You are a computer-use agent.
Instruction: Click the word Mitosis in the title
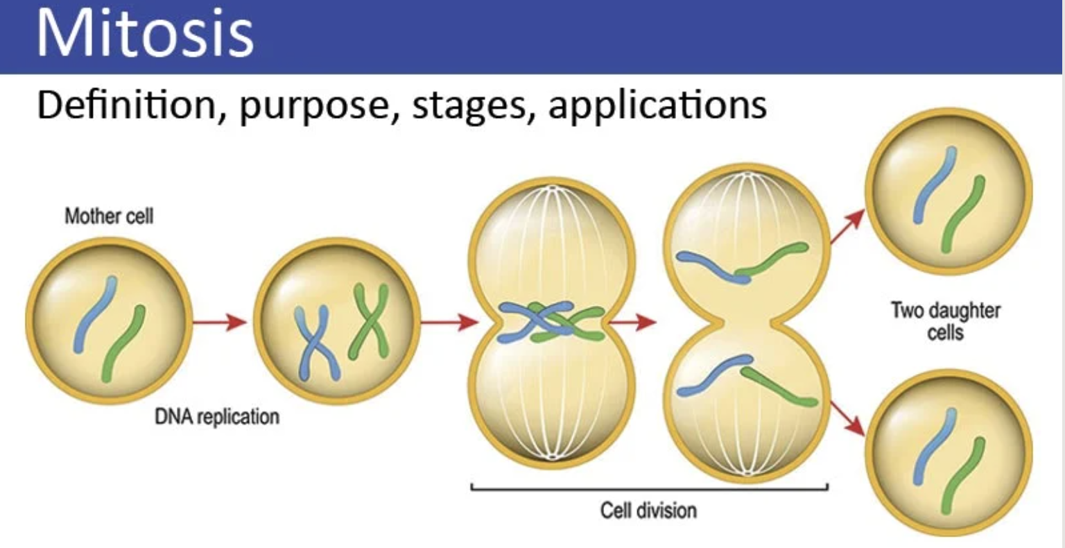click(145, 33)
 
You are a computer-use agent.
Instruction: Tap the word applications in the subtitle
click(657, 106)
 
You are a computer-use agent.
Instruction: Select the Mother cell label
click(109, 216)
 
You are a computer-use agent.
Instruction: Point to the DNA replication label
click(217, 417)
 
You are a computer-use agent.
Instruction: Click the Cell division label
click(648, 511)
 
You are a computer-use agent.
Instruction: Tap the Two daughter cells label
click(945, 320)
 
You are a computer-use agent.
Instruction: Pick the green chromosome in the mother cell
click(123, 343)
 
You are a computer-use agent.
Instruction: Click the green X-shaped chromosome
click(368, 320)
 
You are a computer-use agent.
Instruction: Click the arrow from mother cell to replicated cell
click(219, 322)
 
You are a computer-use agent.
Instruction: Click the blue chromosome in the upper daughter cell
click(935, 185)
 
